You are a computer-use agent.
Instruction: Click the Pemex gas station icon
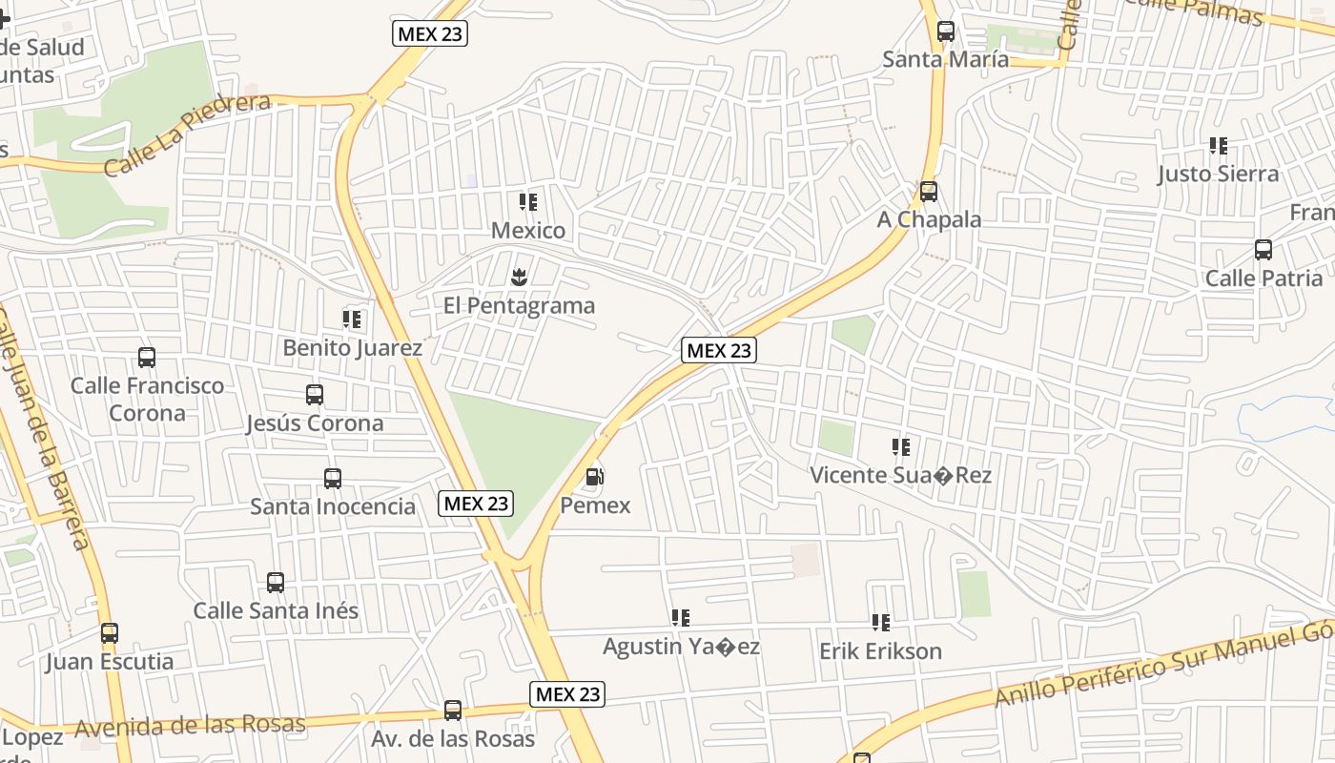pyautogui.click(x=595, y=477)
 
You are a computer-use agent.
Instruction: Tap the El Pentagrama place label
pyautogui.click(x=519, y=306)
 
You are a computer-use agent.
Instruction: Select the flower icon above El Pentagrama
pyautogui.click(x=520, y=278)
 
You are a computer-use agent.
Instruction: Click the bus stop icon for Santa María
pyautogui.click(x=946, y=31)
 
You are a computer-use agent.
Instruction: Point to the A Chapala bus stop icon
pyautogui.click(x=929, y=192)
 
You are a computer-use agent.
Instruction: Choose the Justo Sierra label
pyautogui.click(x=1218, y=174)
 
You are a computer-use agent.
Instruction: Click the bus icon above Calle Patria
pyautogui.click(x=1263, y=250)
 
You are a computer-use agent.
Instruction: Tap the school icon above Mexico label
pyautogui.click(x=528, y=202)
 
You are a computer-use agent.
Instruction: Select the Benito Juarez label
pyautogui.click(x=352, y=348)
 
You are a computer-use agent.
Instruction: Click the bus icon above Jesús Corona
pyautogui.click(x=315, y=395)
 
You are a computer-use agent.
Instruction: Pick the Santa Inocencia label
pyautogui.click(x=332, y=506)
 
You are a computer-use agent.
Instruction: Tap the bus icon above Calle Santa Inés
pyautogui.click(x=276, y=582)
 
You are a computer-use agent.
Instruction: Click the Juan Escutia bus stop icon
pyautogui.click(x=110, y=632)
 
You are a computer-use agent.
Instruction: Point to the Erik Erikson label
pyautogui.click(x=880, y=651)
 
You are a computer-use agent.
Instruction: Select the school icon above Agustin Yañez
pyautogui.click(x=681, y=618)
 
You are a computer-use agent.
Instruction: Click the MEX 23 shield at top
pyautogui.click(x=430, y=33)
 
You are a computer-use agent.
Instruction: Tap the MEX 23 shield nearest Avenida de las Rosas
pyautogui.click(x=568, y=693)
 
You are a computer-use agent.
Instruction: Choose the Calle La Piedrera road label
pyautogui.click(x=187, y=134)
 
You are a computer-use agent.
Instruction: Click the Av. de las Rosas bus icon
pyautogui.click(x=453, y=711)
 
